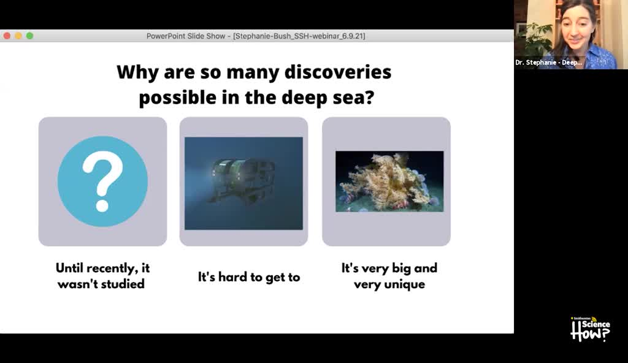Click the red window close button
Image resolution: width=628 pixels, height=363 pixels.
[7, 36]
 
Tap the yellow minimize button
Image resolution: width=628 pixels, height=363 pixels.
[18, 36]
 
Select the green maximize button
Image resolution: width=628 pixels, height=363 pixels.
[29, 36]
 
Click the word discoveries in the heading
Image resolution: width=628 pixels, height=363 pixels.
[338, 72]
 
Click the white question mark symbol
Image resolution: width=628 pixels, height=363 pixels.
[102, 182]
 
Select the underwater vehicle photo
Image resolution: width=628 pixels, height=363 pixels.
[243, 183]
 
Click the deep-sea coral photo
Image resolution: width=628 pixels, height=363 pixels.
[389, 181]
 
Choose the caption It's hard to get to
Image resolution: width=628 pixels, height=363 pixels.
[249, 277]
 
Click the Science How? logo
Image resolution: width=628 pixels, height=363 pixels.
[590, 329]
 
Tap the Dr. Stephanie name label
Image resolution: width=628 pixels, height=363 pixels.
[548, 63]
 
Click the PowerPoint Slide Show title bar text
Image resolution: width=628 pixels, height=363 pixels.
[256, 36]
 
